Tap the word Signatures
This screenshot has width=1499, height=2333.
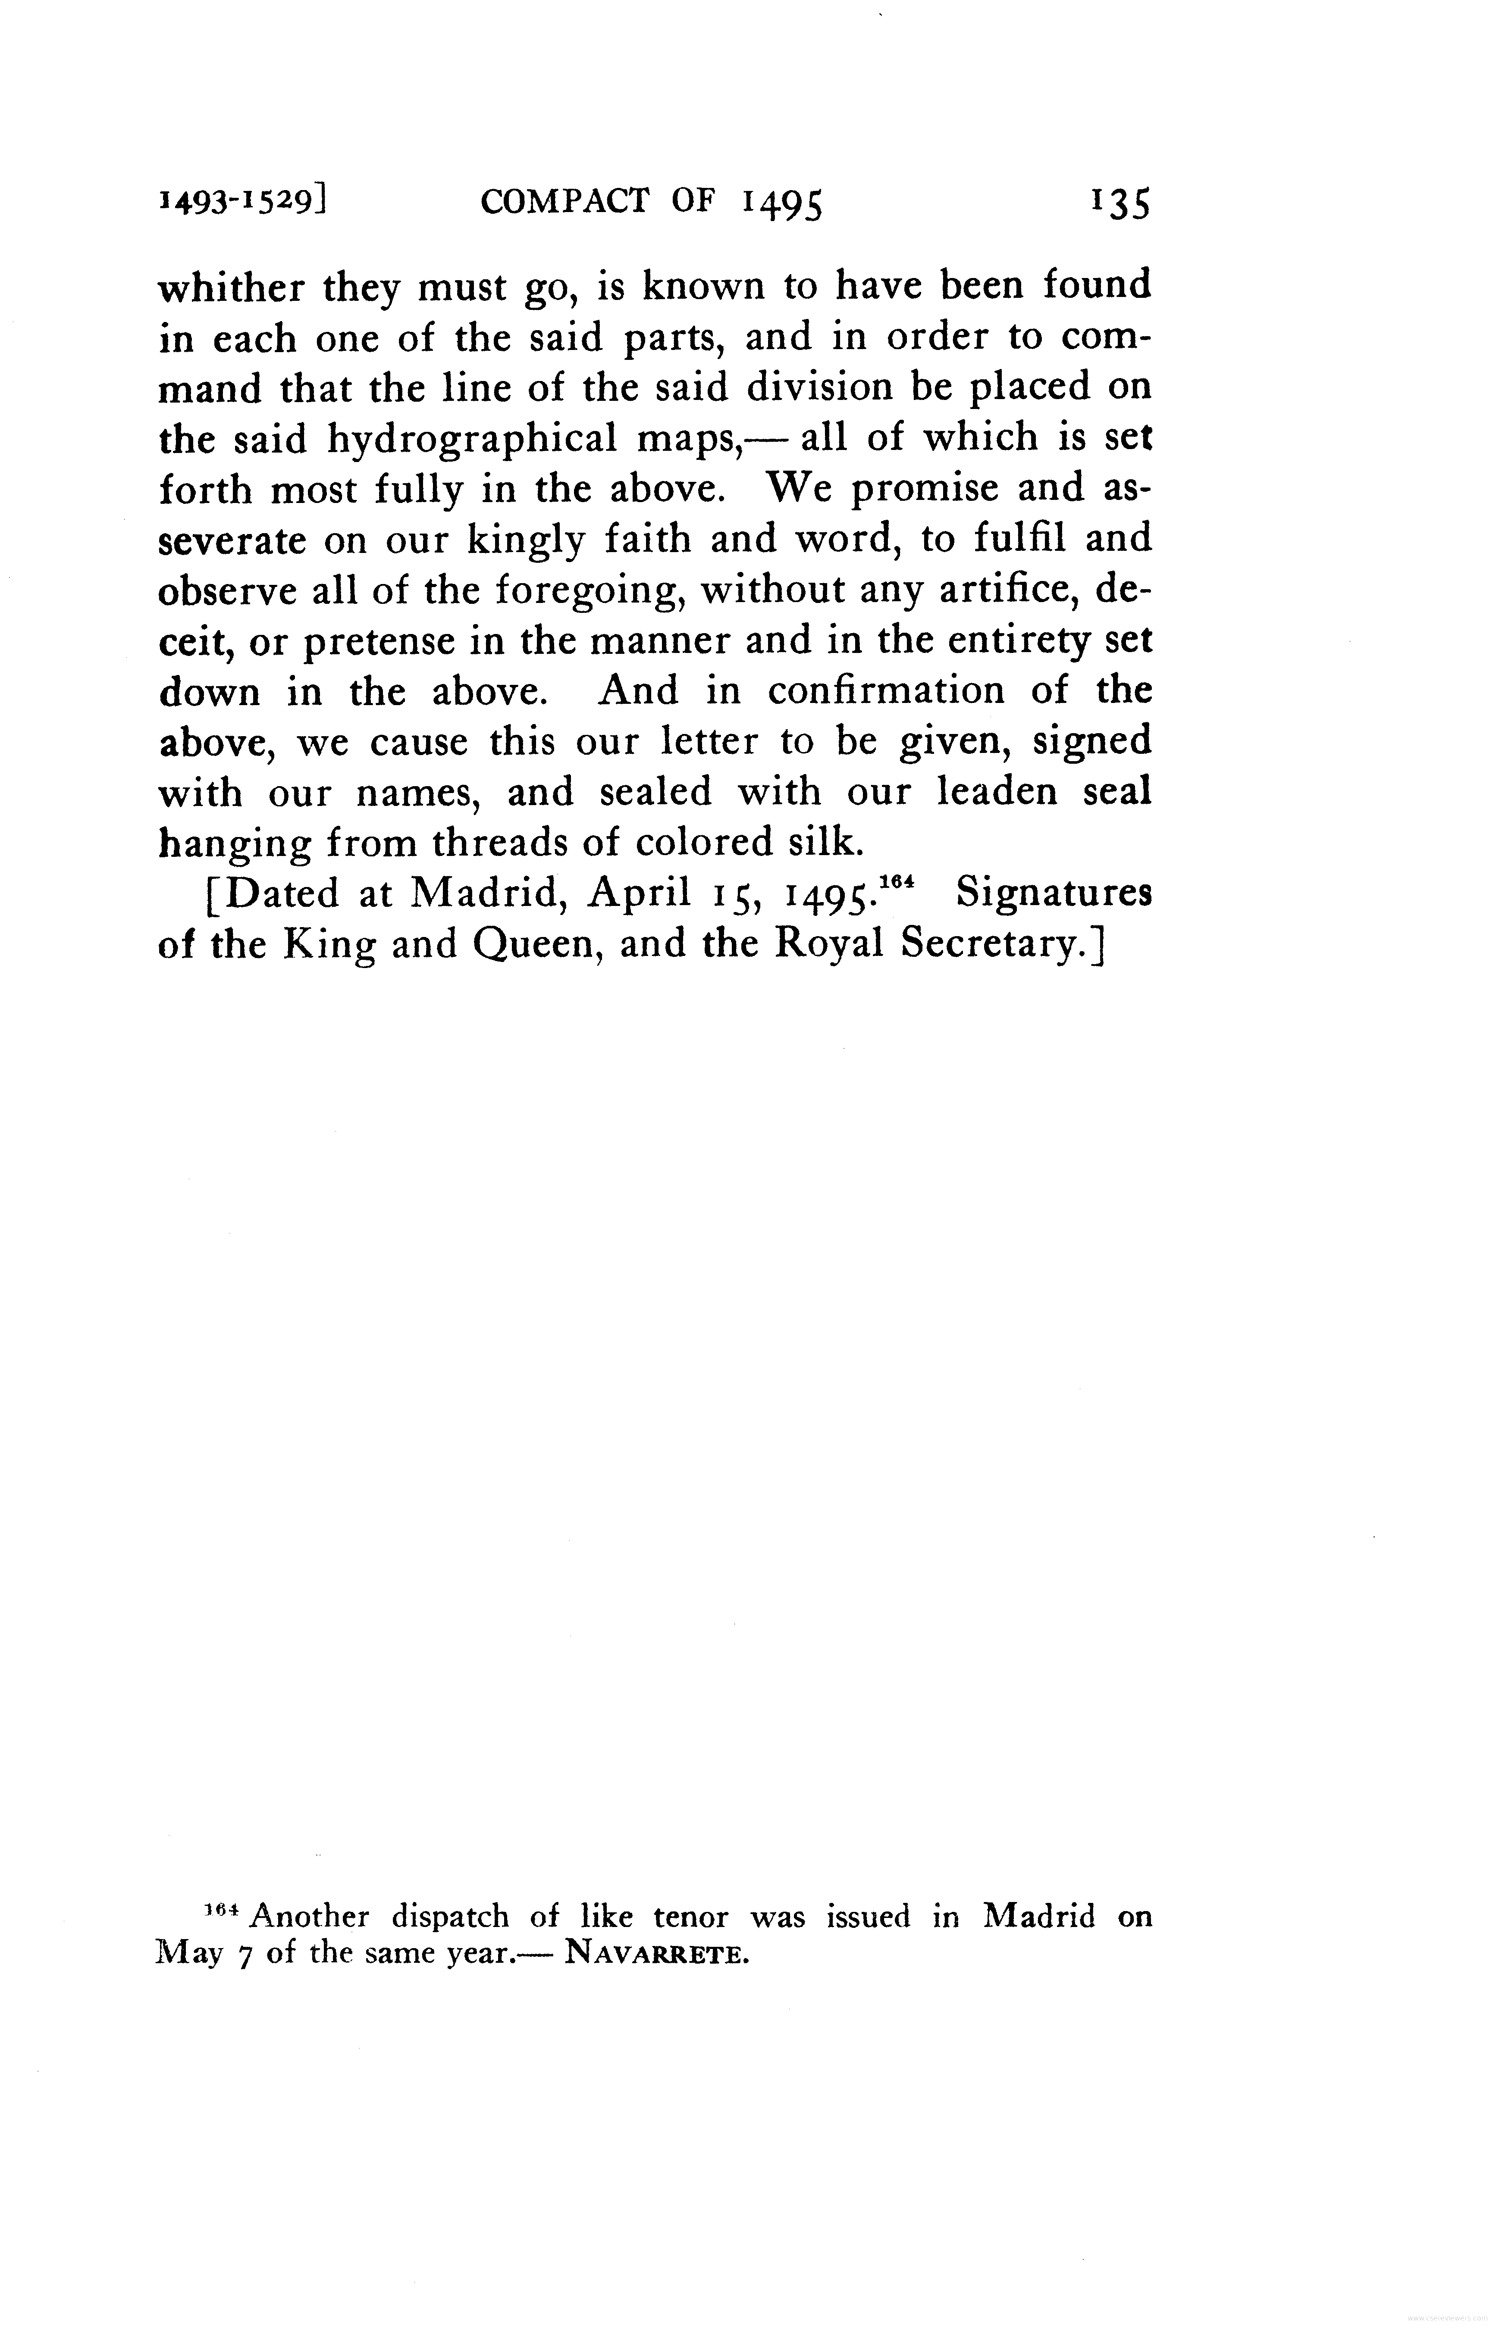1053,893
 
